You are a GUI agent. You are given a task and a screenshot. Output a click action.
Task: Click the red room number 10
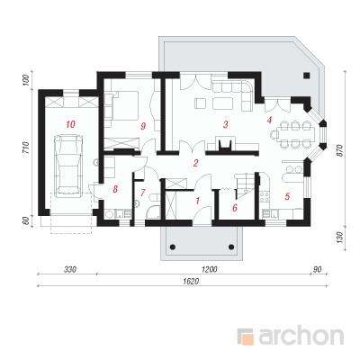(70, 124)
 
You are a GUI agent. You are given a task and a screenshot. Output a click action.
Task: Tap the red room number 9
(143, 126)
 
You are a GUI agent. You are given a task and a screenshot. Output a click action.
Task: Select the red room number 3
(225, 124)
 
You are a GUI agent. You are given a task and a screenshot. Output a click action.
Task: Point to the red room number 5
(287, 196)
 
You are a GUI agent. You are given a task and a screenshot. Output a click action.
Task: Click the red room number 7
(143, 192)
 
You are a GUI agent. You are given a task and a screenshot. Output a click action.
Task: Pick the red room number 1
(197, 201)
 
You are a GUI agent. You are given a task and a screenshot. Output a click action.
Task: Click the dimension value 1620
(191, 282)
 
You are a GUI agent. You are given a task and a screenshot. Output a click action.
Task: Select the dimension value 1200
(210, 269)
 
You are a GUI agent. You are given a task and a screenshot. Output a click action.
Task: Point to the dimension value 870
(339, 150)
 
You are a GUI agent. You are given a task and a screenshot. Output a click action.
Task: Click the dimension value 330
(70, 269)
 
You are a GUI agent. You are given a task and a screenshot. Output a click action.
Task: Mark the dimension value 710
(25, 148)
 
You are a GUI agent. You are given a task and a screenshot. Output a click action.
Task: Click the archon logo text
(301, 337)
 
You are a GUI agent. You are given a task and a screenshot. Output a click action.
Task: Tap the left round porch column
(173, 247)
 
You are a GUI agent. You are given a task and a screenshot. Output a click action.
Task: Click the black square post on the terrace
(306, 76)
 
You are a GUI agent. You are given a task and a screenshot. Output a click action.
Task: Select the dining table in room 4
(293, 134)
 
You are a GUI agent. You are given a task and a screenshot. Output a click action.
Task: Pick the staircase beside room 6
(245, 185)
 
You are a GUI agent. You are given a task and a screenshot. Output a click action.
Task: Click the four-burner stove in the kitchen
(265, 197)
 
